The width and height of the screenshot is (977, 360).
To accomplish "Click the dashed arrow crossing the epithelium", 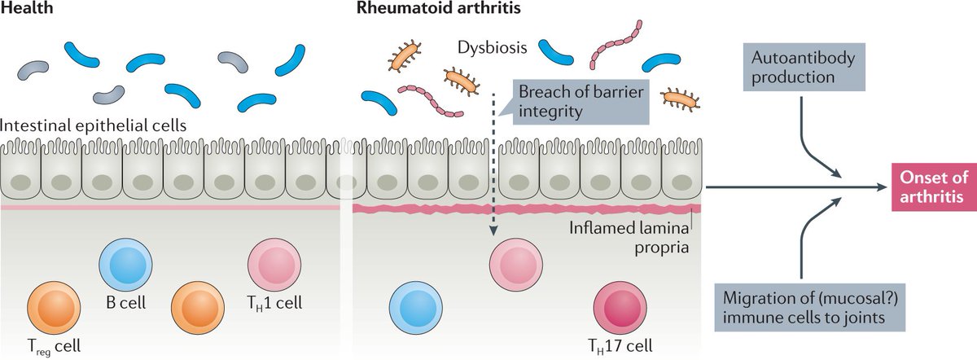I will pyautogui.click(x=494, y=163).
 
